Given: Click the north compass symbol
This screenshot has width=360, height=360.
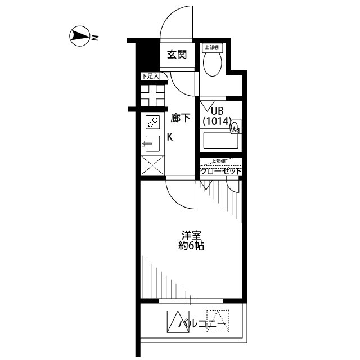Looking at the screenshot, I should click(79, 38).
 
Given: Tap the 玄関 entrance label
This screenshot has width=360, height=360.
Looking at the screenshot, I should click(177, 55).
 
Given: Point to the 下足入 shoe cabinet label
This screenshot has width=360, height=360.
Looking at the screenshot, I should click(150, 75).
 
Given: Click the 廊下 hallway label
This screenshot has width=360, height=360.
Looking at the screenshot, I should click(180, 118).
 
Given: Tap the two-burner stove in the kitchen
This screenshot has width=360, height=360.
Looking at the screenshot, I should click(152, 121).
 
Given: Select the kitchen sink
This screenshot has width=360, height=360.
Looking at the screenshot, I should click(152, 143).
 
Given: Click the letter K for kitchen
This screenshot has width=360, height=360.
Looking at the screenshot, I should click(169, 137).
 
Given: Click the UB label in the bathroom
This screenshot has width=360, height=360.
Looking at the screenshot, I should click(217, 111).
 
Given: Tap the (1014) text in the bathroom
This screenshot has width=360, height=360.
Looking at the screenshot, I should click(217, 120).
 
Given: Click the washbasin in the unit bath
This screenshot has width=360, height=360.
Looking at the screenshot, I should click(235, 128).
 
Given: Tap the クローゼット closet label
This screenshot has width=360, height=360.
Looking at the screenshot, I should click(221, 171).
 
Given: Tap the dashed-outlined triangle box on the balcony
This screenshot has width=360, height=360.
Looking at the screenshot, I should click(215, 321).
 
